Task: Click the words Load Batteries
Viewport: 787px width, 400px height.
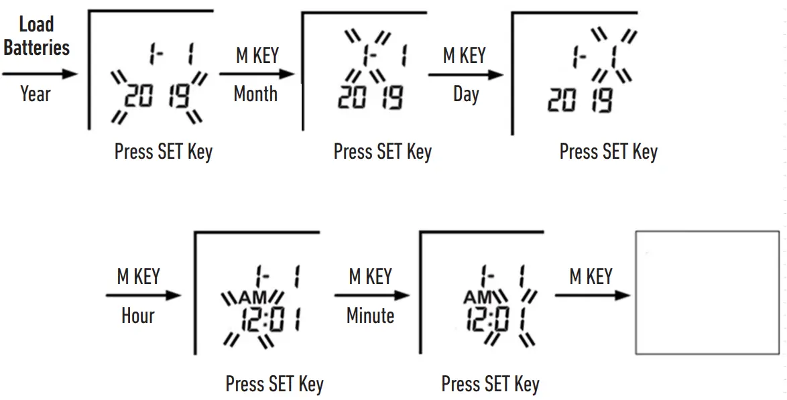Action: coord(37,36)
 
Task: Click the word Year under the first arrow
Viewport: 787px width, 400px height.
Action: coord(36,94)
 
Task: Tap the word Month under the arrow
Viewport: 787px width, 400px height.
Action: coord(255,94)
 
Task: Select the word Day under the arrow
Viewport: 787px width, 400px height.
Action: coord(466,94)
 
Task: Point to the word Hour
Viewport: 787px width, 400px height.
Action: coord(138,316)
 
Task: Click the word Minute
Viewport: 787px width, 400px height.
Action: coord(371,316)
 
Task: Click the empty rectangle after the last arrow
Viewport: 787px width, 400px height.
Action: coord(707,293)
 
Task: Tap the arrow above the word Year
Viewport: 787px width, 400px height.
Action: coord(40,74)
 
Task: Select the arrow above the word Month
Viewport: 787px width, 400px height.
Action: coord(257,74)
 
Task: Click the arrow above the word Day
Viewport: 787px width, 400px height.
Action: coord(466,75)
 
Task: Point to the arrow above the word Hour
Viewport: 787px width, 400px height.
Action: coord(143,295)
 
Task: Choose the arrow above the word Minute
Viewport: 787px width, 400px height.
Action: coord(372,295)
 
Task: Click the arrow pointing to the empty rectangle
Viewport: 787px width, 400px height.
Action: coord(592,295)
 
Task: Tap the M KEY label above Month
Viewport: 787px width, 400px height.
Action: coord(257,55)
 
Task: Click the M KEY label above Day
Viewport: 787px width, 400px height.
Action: coord(465,55)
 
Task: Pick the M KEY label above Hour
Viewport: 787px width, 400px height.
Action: coord(139,277)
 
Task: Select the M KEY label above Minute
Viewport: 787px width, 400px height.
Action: coord(371,277)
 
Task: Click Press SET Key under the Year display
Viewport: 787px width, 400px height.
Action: coord(164,151)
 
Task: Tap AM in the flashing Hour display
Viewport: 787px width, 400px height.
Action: coord(253,297)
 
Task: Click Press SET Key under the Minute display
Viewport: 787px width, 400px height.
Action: coord(491,385)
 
